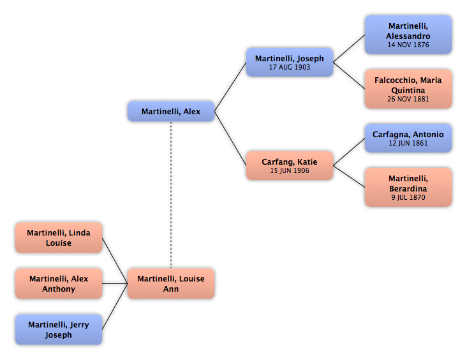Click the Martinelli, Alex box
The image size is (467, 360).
pyautogui.click(x=171, y=111)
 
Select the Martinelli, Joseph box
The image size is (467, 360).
pyautogui.click(x=290, y=62)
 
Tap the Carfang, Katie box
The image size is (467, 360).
pyautogui.click(x=290, y=165)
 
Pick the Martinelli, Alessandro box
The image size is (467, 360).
pyautogui.click(x=408, y=35)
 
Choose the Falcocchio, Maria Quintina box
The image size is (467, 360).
pyautogui.click(x=408, y=89)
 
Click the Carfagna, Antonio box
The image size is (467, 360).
pyautogui.click(x=408, y=138)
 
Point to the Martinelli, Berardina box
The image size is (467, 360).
pyautogui.click(x=408, y=187)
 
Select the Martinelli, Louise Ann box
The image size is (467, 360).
pyautogui.click(x=171, y=283)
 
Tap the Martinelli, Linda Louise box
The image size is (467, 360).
pyautogui.click(x=59, y=237)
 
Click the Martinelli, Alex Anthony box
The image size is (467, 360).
pyautogui.click(x=59, y=283)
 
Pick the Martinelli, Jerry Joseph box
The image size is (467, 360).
pyautogui.click(x=59, y=329)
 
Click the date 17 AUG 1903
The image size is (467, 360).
pyautogui.click(x=290, y=67)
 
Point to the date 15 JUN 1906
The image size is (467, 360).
pyautogui.click(x=290, y=170)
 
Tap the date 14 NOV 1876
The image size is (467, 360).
pyautogui.click(x=408, y=45)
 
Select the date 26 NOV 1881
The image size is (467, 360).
pyautogui.click(x=408, y=99)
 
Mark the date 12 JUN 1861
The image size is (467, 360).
pyautogui.click(x=408, y=143)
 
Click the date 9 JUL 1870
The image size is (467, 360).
pyautogui.click(x=408, y=197)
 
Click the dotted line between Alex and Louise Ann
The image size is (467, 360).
pyautogui.click(x=171, y=195)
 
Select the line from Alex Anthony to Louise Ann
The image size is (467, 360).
pyautogui.click(x=115, y=283)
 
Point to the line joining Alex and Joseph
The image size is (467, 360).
pyautogui.click(x=230, y=87)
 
